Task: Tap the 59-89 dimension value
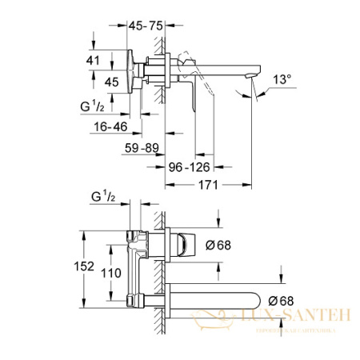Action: click(x=144, y=146)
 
